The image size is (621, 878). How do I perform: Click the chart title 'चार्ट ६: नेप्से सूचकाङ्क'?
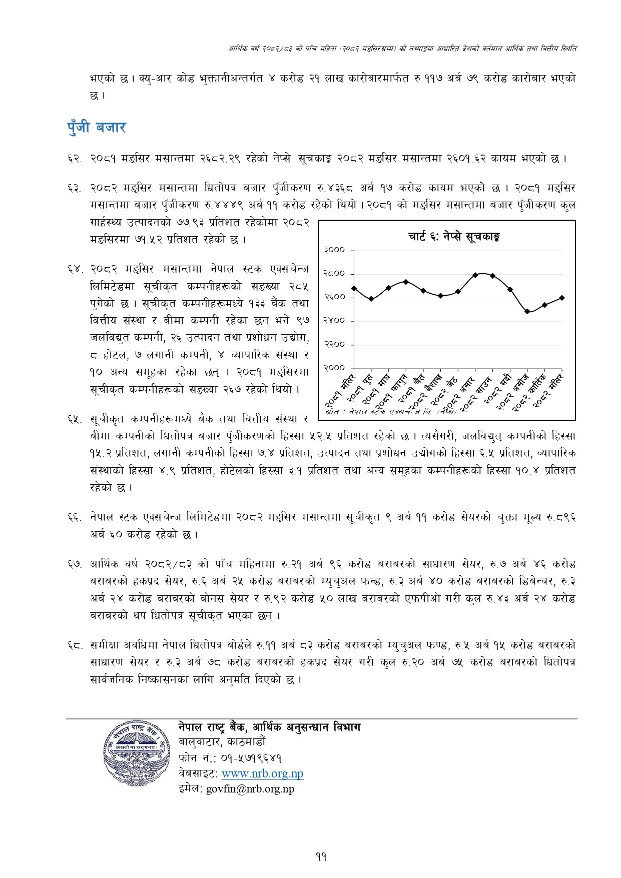[x=454, y=237]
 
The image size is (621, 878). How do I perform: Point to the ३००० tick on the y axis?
[x=334, y=250]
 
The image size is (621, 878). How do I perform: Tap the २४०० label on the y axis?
[x=334, y=321]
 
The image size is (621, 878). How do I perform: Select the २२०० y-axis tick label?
[x=334, y=344]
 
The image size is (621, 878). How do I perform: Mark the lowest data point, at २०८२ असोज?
[x=527, y=311]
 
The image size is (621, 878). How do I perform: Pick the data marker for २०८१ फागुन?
[x=406, y=282]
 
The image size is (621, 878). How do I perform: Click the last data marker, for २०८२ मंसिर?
[x=562, y=298]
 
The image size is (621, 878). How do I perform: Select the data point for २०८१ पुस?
[x=371, y=299]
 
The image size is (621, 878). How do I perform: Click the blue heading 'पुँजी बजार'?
[x=96, y=128]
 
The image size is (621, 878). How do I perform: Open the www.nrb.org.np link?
[x=262, y=773]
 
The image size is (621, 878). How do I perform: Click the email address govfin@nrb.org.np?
[x=250, y=789]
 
